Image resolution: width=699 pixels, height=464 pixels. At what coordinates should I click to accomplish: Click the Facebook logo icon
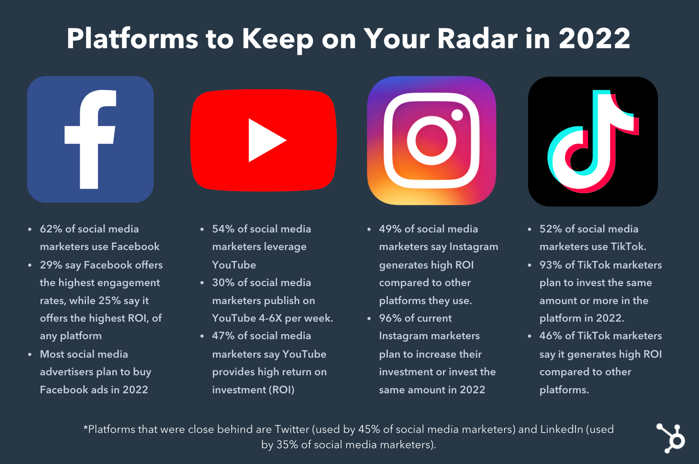(90, 139)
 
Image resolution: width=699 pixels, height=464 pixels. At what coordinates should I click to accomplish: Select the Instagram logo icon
(432, 141)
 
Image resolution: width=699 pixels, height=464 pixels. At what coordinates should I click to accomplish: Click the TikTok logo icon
(593, 141)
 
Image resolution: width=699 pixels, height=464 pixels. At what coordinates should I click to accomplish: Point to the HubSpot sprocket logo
(671, 438)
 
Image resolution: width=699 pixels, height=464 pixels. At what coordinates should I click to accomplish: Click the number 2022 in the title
(594, 39)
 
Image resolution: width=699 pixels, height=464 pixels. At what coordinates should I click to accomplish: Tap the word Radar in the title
(477, 39)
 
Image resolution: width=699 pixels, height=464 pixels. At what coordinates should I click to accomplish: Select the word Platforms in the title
(132, 39)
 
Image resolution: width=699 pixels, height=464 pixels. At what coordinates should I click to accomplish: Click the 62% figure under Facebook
(51, 229)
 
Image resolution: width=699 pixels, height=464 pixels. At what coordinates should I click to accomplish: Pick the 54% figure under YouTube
(223, 229)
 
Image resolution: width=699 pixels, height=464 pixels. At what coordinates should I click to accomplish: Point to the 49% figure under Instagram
(390, 229)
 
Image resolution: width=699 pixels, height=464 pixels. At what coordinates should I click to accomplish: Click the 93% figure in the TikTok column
(551, 265)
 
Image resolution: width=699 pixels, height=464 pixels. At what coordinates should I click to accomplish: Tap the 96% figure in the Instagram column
(390, 318)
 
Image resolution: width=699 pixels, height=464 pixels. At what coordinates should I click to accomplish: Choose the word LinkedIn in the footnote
(562, 429)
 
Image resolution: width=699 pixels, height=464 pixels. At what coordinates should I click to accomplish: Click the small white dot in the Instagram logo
(457, 115)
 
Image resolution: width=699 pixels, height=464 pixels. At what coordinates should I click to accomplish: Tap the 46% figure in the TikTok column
(551, 336)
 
